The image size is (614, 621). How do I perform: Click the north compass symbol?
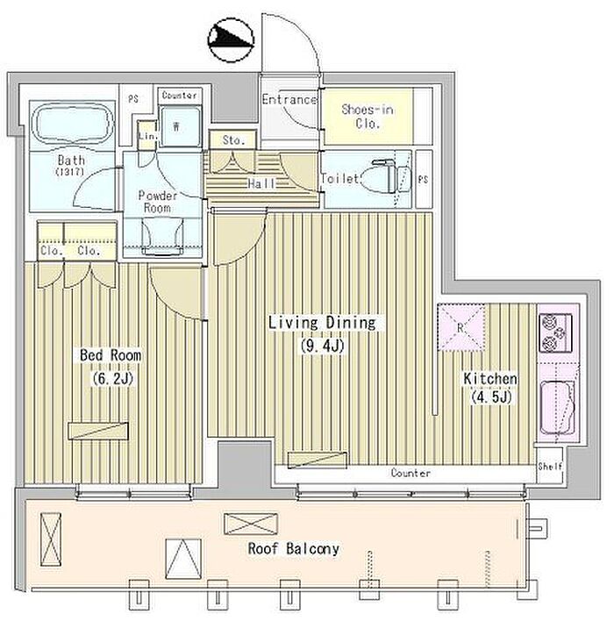point(231,39)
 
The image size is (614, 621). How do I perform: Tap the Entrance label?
point(289,99)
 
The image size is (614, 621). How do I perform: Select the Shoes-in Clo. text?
point(368,116)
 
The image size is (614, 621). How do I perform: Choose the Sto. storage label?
point(233,139)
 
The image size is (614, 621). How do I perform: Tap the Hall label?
point(261,183)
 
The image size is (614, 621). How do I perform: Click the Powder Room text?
point(157,201)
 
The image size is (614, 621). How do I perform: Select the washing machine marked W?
point(180,126)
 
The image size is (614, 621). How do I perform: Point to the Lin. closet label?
point(147,136)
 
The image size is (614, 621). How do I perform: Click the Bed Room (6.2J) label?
point(111,367)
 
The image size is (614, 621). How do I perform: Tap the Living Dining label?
point(322,323)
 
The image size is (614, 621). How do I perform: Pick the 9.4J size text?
point(323,346)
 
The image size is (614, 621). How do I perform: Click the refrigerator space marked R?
point(461,327)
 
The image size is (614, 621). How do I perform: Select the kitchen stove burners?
point(555,333)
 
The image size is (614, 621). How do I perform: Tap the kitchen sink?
point(558,408)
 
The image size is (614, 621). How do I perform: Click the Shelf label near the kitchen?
point(550,467)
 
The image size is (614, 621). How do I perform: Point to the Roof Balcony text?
point(294,549)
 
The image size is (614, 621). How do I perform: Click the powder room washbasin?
point(162,237)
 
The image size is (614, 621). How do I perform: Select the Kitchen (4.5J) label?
point(490,388)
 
